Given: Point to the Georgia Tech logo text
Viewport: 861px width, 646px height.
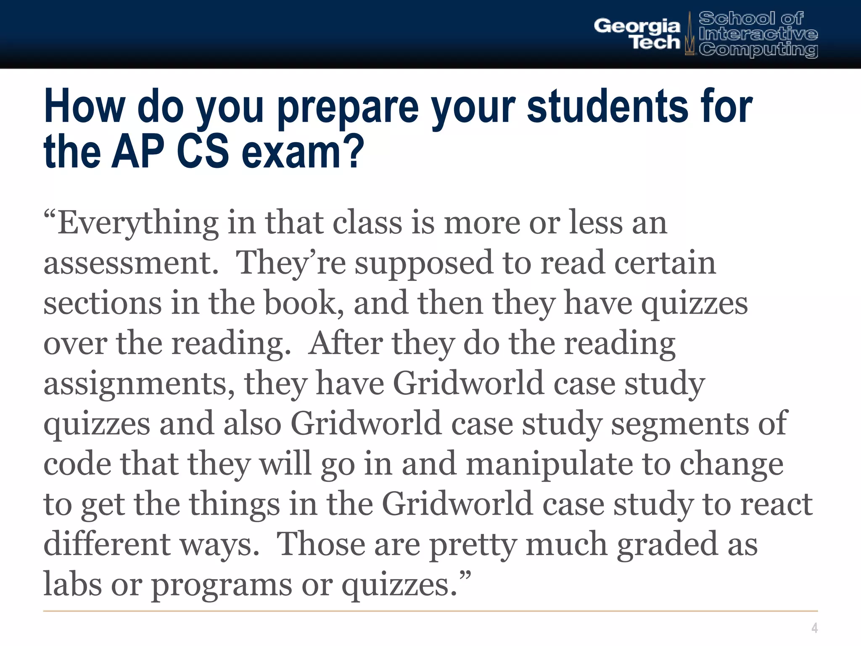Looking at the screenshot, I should (637, 34).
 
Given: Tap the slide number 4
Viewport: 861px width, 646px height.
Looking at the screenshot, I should (814, 628).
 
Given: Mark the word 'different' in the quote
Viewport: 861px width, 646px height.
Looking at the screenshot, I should (107, 543).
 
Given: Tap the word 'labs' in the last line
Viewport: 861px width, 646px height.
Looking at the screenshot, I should (72, 584).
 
